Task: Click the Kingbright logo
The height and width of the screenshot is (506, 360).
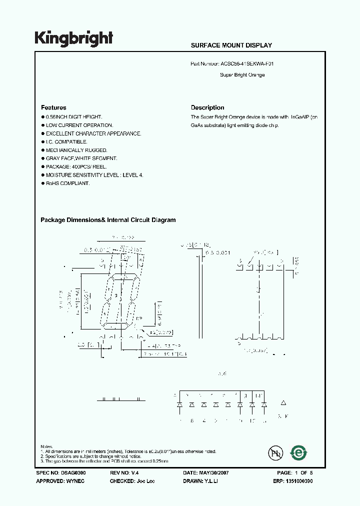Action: point(73,38)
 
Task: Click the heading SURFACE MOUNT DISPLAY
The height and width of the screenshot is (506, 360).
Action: point(231,45)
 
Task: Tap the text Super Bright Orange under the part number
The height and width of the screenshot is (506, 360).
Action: point(242,75)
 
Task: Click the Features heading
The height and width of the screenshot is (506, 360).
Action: point(53,107)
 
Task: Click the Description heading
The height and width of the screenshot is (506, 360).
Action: point(207,107)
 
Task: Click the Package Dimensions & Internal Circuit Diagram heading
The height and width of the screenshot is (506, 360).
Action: point(108,220)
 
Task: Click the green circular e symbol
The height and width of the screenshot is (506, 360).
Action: point(299,452)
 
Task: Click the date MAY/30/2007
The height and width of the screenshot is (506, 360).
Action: point(214,472)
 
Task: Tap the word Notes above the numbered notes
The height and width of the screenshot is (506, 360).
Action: point(46,446)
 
